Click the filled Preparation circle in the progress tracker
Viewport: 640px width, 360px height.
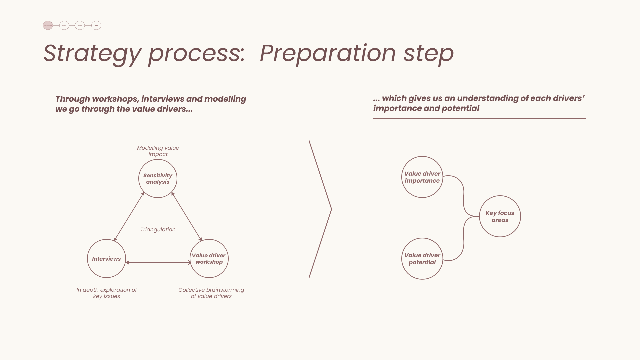tap(48, 25)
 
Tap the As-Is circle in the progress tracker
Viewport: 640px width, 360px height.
tap(64, 25)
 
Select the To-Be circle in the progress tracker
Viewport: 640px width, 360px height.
tap(80, 25)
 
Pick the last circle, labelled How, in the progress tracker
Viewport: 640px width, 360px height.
tap(96, 25)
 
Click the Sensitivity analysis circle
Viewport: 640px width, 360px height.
tap(158, 179)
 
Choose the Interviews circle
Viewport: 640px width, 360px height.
tap(106, 259)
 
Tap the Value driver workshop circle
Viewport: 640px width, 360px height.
tap(209, 259)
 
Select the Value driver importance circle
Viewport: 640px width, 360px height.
tap(422, 177)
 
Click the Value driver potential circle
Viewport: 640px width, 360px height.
tap(422, 259)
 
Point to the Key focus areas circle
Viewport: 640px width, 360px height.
tap(500, 216)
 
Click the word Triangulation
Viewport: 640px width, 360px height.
tap(158, 230)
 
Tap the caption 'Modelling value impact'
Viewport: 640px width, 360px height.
tap(158, 151)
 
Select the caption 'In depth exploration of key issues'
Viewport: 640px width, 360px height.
tap(107, 293)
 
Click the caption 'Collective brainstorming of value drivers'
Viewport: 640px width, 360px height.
tap(211, 293)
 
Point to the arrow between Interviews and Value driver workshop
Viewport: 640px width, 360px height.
tap(158, 263)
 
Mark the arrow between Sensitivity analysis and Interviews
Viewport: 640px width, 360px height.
tap(129, 217)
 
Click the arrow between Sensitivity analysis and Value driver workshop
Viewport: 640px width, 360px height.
tap(187, 217)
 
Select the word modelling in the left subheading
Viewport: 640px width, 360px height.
tap(225, 99)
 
